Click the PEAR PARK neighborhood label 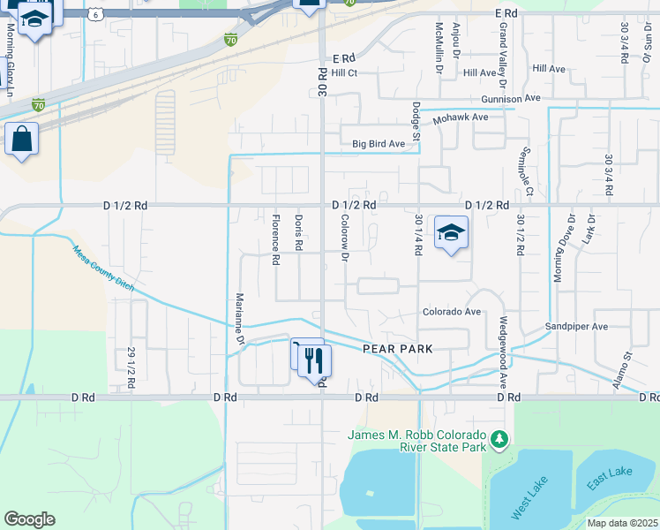(398, 349)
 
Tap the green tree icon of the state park (499, 438)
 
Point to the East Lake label (608, 477)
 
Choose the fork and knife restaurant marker (313, 360)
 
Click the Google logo (29, 519)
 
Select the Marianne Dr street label (239, 318)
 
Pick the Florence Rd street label (275, 240)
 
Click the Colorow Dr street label (345, 239)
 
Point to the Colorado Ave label (451, 312)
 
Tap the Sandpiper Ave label (576, 326)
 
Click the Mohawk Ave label (460, 117)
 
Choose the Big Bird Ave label (379, 143)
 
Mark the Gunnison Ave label (516, 100)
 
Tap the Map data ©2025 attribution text (622, 523)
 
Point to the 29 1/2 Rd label (131, 365)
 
